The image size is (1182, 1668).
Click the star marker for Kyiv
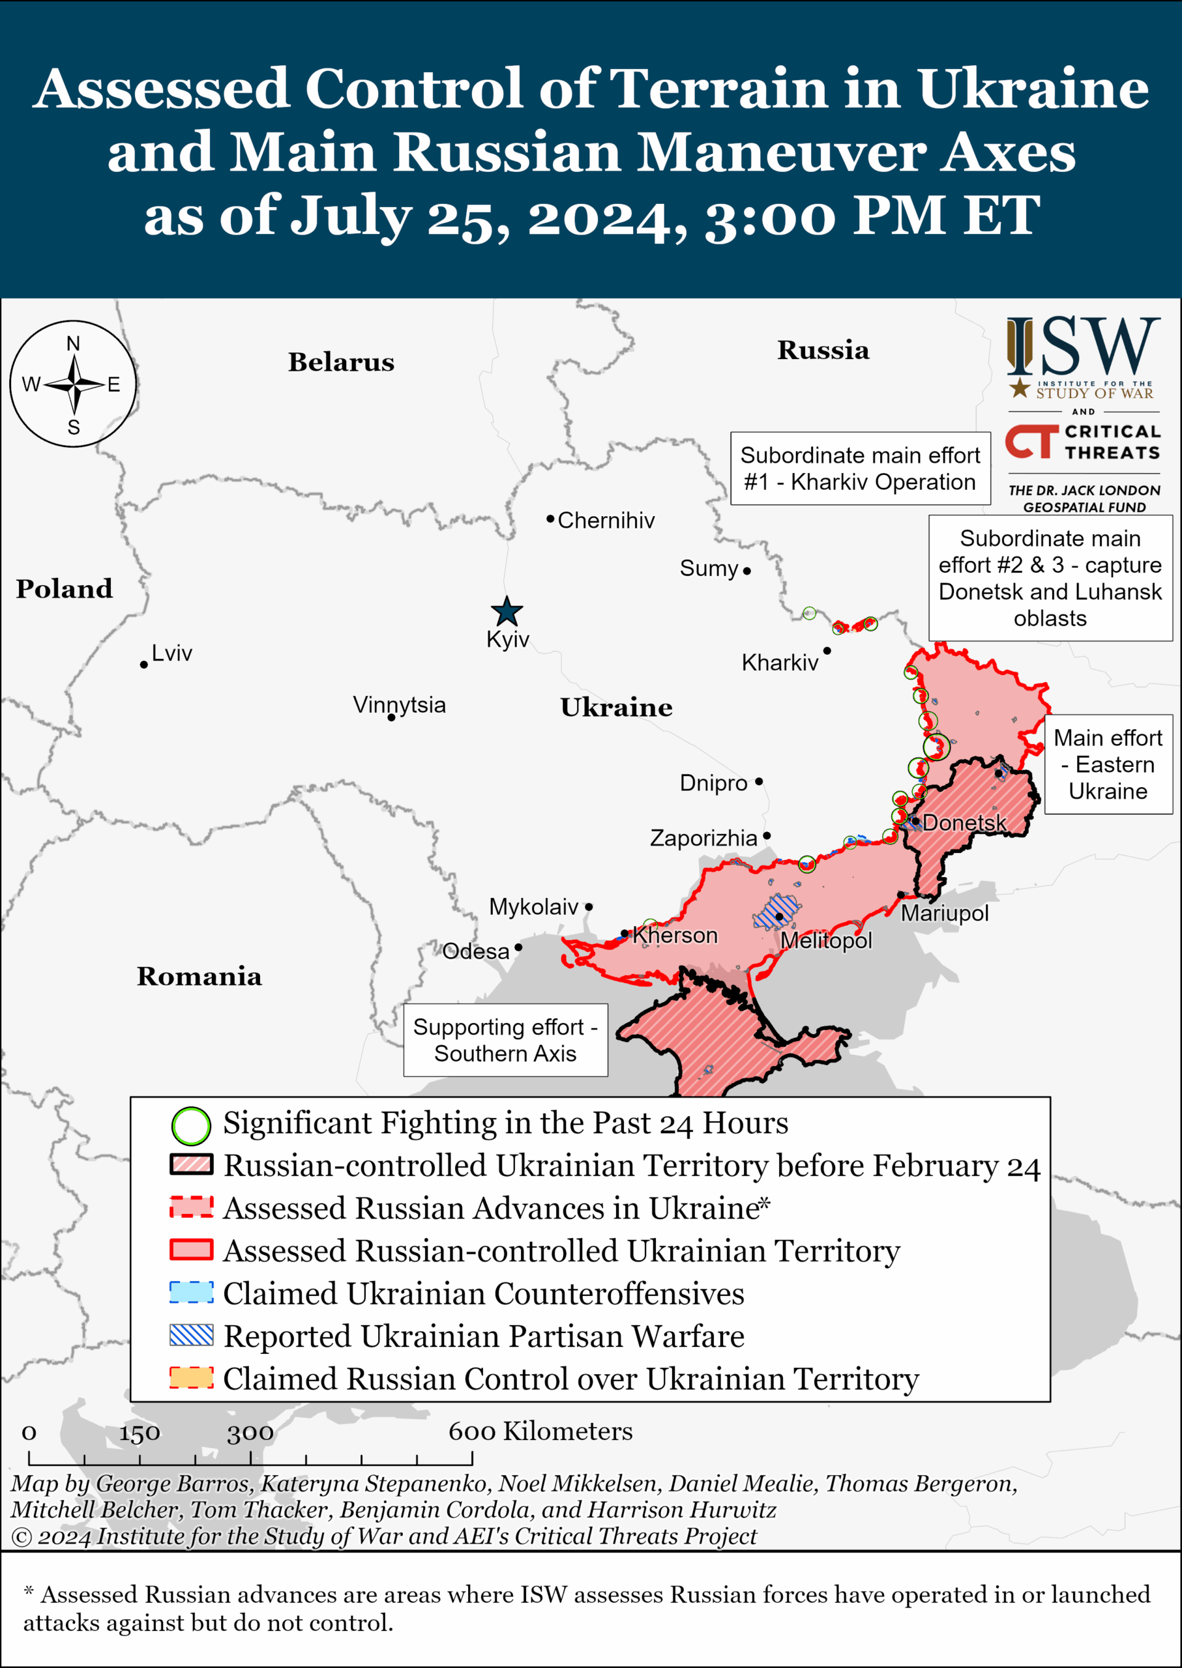tap(507, 611)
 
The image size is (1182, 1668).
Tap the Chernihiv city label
tap(606, 520)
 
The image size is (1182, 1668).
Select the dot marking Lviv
tap(144, 665)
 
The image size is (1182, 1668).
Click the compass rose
tap(74, 384)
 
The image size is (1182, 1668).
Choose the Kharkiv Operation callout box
tap(861, 468)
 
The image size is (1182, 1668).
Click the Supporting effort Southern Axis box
tap(505, 1041)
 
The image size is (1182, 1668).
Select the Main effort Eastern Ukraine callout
tap(1108, 764)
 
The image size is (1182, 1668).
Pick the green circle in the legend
tap(190, 1125)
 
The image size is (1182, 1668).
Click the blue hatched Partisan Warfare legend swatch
tap(190, 1335)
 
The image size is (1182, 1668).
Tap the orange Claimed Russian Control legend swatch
tap(190, 1378)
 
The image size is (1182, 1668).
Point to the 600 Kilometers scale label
tap(540, 1431)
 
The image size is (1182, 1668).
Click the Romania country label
tap(199, 976)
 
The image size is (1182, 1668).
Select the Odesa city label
tap(476, 951)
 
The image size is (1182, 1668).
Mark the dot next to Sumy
tap(746, 571)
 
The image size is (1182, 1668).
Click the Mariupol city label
tap(945, 913)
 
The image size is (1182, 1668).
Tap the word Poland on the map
tap(64, 588)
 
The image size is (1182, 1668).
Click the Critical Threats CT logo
tap(1031, 442)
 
